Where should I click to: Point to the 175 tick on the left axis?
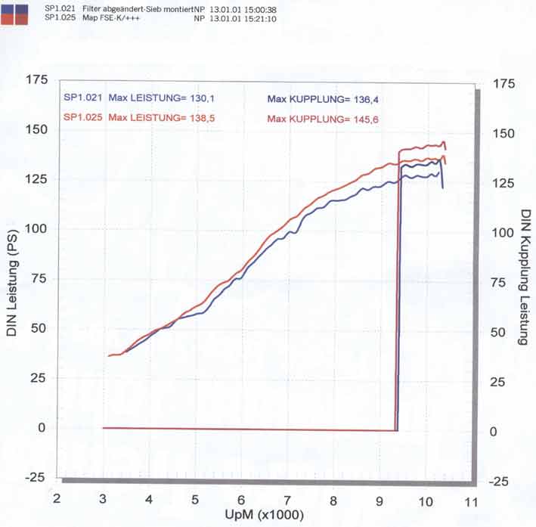click(37, 80)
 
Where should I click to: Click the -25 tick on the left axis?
click(36, 478)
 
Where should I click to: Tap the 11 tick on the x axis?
click(472, 501)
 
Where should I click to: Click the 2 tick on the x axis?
click(57, 500)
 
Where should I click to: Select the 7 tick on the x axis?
click(287, 501)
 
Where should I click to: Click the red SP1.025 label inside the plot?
click(82, 117)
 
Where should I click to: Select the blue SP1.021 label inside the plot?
click(82, 97)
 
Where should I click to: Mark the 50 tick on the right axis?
click(501, 333)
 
